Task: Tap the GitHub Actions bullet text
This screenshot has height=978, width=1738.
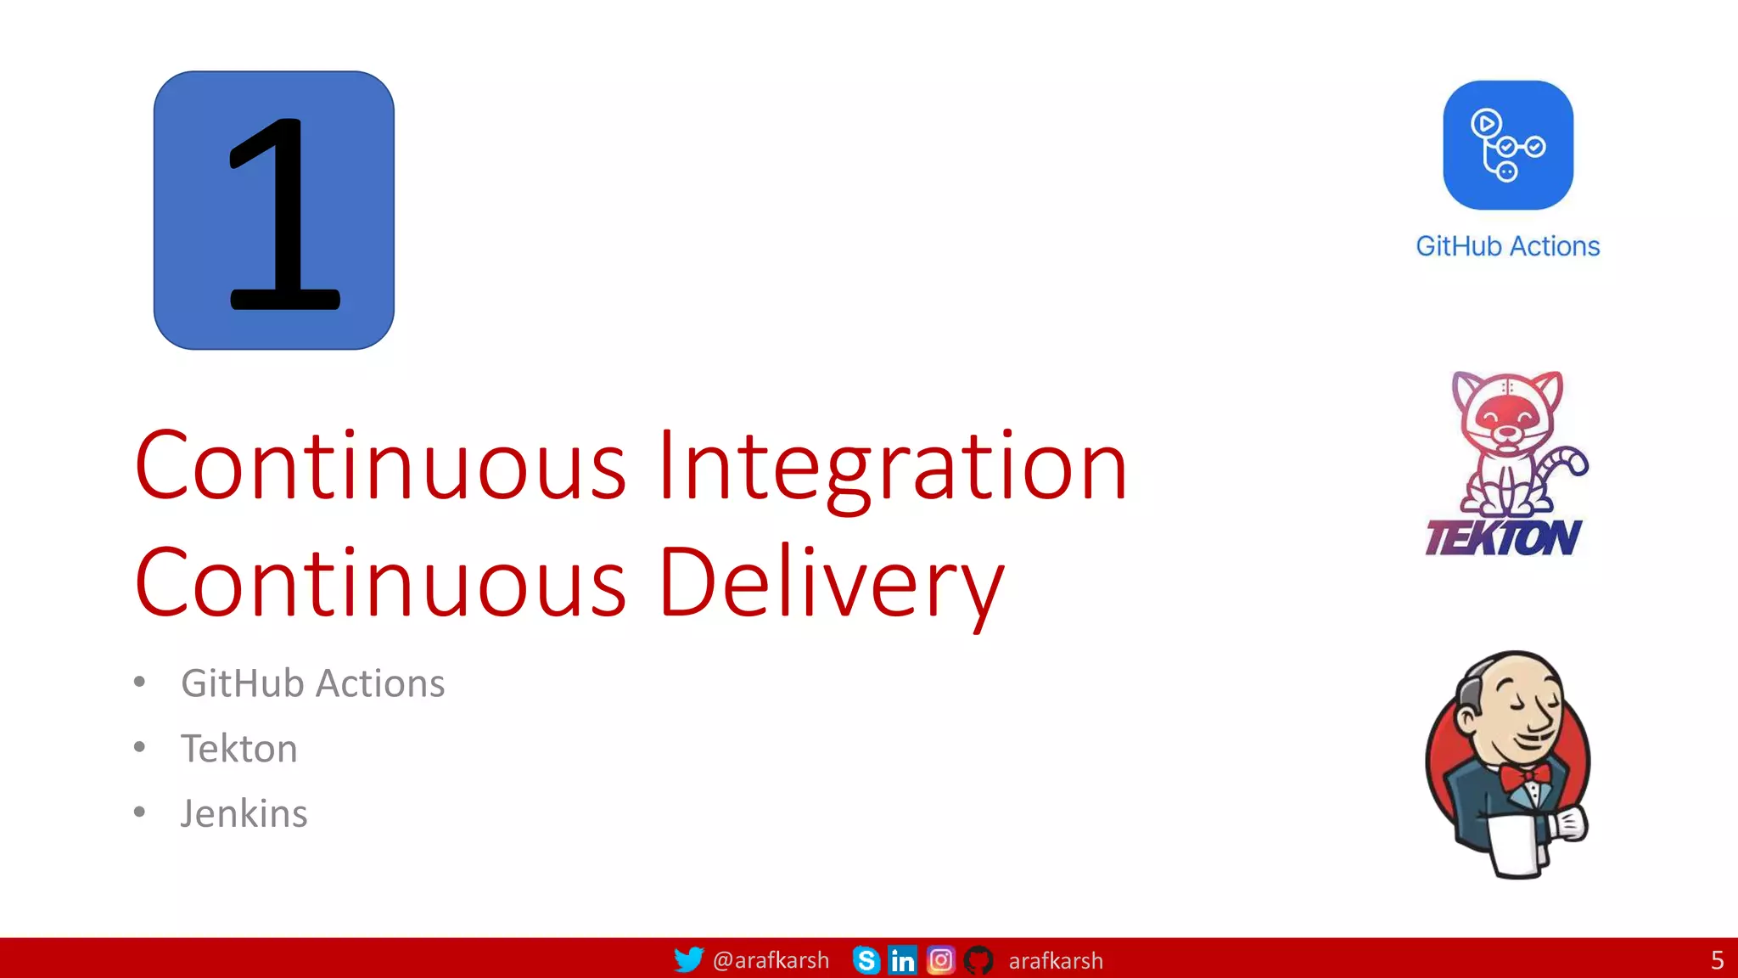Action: [x=312, y=683]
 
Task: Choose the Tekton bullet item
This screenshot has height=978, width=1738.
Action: [x=238, y=749]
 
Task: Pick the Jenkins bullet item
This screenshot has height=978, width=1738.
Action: [x=244, y=813]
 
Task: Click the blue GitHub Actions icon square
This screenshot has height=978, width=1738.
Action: [x=1508, y=145]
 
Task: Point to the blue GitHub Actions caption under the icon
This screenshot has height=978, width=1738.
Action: [x=1508, y=246]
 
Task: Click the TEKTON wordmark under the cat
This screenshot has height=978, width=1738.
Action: [x=1503, y=537]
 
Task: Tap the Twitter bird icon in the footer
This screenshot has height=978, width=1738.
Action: [x=688, y=959]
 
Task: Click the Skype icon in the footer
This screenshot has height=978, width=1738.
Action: [x=866, y=960]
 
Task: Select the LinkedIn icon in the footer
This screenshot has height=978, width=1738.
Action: [x=902, y=960]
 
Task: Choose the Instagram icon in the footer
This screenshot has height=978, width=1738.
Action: [x=940, y=960]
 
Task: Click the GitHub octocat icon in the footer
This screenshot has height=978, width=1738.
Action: [x=978, y=960]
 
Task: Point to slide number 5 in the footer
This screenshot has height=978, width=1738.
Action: [x=1717, y=960]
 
